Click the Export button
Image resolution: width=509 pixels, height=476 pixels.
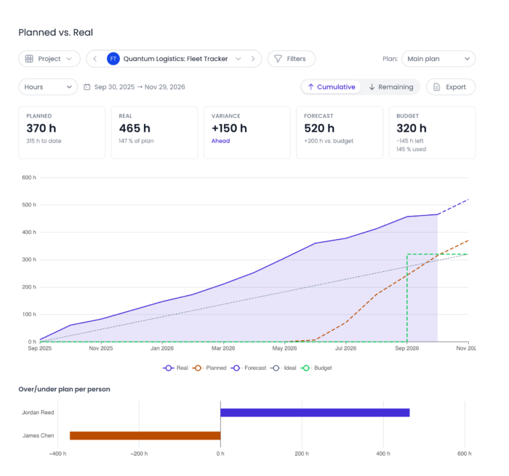(451, 87)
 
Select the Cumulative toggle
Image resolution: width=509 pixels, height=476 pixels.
(331, 87)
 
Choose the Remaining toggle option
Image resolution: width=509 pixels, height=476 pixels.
(391, 87)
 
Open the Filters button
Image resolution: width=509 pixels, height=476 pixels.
(291, 59)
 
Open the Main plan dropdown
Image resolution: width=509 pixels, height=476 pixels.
(438, 59)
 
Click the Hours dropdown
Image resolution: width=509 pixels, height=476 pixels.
(48, 87)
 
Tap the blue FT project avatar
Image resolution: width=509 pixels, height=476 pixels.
(113, 59)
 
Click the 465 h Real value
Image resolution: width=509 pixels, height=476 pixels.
(135, 128)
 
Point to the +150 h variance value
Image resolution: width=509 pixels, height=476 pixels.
(229, 128)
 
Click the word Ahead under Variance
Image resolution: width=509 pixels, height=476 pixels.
(220, 141)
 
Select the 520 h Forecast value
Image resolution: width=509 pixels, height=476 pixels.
(319, 128)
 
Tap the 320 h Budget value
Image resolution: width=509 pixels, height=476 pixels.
(412, 128)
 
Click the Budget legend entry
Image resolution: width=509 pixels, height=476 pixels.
(316, 368)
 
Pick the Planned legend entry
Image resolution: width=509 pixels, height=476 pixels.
(209, 368)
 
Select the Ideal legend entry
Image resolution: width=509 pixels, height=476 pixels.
(284, 368)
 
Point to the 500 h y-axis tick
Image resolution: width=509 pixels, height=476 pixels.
(29, 205)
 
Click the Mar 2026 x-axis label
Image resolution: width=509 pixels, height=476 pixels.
(223, 348)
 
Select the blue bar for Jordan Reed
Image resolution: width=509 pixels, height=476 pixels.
(315, 412)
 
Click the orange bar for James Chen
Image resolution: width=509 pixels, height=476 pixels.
(145, 435)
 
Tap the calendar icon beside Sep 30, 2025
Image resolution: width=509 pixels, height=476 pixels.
(87, 87)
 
